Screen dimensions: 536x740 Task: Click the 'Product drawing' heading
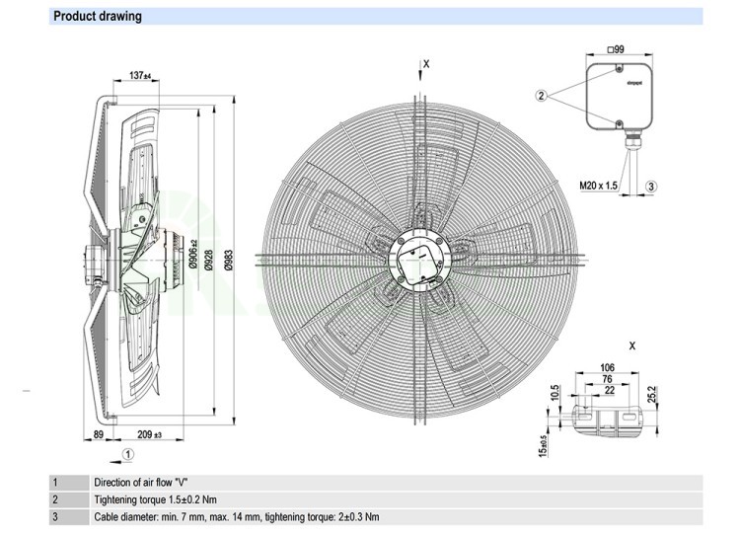click(x=97, y=16)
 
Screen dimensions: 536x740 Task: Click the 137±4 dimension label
click(x=138, y=76)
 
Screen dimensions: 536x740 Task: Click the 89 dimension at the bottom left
click(x=100, y=433)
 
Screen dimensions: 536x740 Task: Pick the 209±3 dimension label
click(x=150, y=433)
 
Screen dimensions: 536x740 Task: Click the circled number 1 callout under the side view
click(x=129, y=453)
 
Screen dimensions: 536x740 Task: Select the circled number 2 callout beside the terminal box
click(x=542, y=96)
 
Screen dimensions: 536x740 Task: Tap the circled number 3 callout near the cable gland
click(x=652, y=186)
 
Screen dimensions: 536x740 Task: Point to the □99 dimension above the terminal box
click(x=617, y=49)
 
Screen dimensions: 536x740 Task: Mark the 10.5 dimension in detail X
click(x=556, y=391)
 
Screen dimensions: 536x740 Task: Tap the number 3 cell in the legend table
click(x=55, y=516)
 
